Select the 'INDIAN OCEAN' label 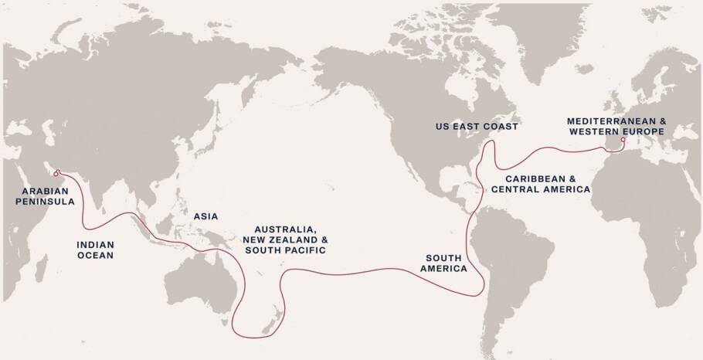[95, 250]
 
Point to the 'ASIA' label [204, 219]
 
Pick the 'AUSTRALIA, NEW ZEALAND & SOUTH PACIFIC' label [290, 240]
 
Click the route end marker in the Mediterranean [623, 140]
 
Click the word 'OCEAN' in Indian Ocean [95, 255]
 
